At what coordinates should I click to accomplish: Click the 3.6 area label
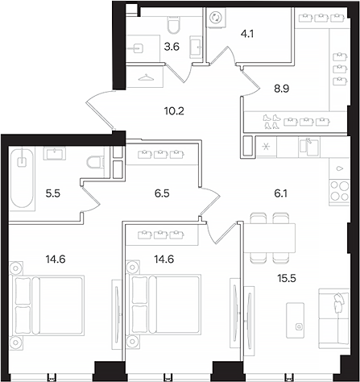click(172, 47)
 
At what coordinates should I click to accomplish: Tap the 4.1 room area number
click(247, 34)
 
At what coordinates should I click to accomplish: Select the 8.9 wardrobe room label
click(281, 89)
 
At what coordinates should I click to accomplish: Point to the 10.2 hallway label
click(174, 110)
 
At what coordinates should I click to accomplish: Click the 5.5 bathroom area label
click(53, 193)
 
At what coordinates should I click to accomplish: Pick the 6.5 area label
click(162, 193)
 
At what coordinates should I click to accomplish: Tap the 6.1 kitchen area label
click(281, 193)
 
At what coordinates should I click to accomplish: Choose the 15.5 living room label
click(287, 279)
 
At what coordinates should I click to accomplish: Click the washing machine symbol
click(216, 18)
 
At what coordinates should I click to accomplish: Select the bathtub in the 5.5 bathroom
click(23, 177)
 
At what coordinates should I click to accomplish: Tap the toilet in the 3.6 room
click(174, 25)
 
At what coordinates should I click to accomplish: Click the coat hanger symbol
click(146, 77)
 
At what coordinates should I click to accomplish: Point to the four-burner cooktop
click(340, 191)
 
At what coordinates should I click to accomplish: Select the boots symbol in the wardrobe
click(271, 122)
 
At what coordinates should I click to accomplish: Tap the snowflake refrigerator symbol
click(266, 147)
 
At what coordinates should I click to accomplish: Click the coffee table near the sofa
click(295, 320)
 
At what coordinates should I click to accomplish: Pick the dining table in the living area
click(269, 238)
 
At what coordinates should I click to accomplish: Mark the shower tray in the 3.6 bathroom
click(143, 48)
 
